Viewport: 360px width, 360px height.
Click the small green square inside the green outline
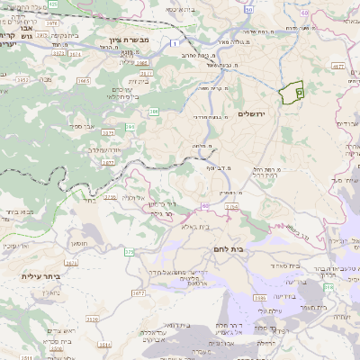(300, 91)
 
